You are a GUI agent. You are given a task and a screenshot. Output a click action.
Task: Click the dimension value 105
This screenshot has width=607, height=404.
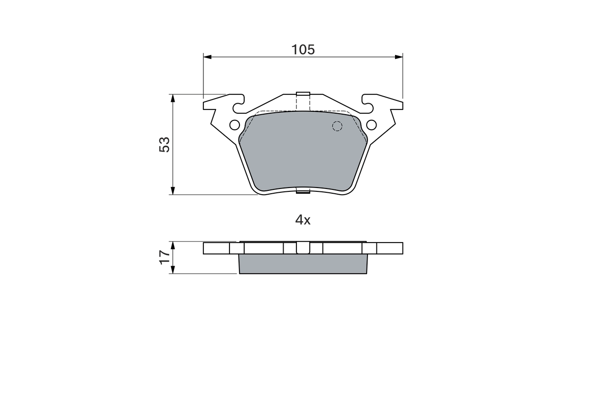coord(303,49)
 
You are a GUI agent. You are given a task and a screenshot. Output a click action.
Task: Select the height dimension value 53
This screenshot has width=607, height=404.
coord(164,144)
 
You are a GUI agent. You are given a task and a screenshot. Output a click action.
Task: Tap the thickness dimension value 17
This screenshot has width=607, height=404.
coord(164,257)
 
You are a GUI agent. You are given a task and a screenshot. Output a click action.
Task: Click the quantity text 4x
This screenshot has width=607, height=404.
coord(303,220)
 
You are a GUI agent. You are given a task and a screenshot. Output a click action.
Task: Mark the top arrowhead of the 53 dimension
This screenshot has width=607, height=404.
coord(173,98)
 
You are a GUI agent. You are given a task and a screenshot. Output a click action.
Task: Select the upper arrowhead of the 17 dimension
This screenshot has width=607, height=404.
coord(173,245)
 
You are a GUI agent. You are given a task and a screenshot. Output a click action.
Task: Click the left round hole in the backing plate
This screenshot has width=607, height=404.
coord(234,125)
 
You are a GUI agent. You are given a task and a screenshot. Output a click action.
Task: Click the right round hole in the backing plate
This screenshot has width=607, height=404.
coord(371,125)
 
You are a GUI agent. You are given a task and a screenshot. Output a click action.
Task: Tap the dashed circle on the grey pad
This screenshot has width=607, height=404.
coord(337,126)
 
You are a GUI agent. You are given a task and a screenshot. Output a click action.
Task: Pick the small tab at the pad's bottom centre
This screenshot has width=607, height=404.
coord(303,191)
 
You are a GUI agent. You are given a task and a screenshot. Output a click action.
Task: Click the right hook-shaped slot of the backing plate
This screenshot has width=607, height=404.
coord(368,100)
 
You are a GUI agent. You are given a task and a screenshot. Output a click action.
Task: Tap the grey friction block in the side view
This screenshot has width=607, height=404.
coord(303,264)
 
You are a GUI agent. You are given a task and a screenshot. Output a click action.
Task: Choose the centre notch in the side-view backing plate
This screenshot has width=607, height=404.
coord(303,248)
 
